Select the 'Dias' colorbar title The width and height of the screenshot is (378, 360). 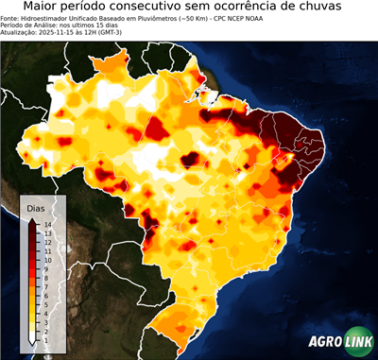click(35, 208)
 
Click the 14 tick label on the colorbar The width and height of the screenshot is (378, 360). click(47, 224)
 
